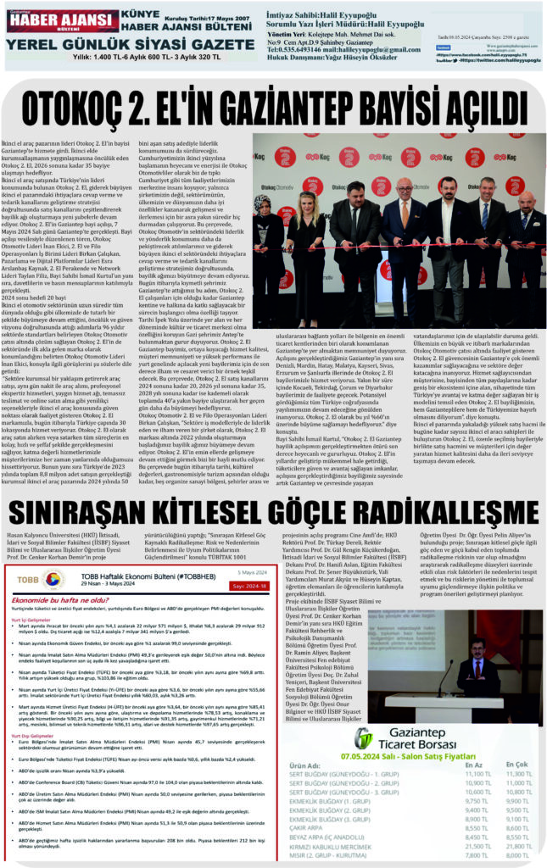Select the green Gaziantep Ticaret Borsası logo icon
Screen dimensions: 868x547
(x=363, y=738)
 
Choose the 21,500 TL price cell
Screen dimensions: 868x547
(x=477, y=846)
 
